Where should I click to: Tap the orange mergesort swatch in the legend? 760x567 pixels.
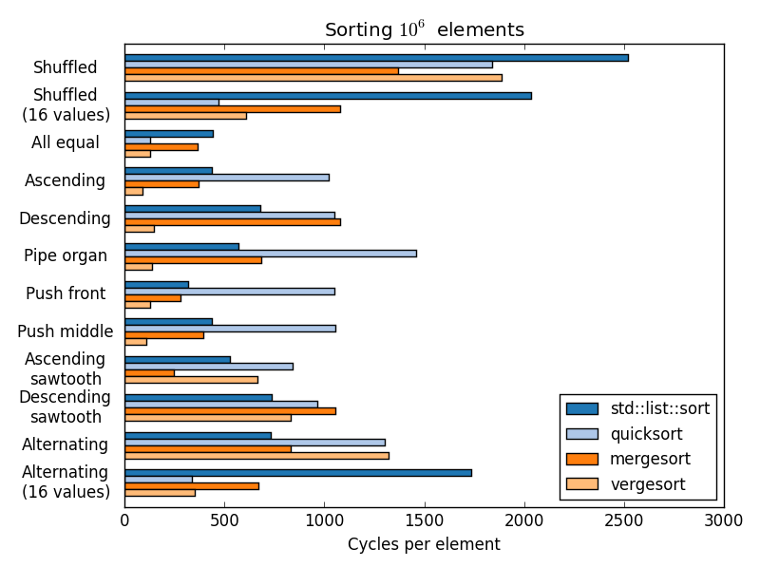coord(582,459)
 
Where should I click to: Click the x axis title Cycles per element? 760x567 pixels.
coord(424,544)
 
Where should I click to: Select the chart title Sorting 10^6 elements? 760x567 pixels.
coord(424,29)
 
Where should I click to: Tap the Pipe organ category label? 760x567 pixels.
coord(66,255)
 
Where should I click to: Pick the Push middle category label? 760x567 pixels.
coord(66,331)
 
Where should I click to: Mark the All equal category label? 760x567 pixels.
coord(66,142)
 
